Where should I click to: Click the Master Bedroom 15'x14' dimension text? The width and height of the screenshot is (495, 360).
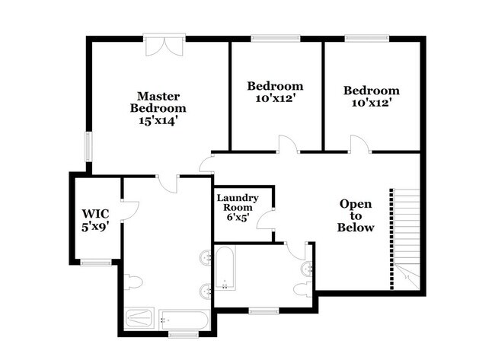tap(157, 121)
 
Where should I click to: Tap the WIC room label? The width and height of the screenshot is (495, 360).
tap(95, 214)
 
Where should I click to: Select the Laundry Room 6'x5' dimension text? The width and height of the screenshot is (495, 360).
tap(238, 217)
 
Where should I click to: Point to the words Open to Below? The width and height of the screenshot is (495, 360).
tap(356, 216)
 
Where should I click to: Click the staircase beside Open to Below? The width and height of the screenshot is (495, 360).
tap(406, 239)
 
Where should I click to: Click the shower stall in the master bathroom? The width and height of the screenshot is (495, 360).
tap(139, 319)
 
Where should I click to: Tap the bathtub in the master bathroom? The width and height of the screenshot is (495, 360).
tap(184, 320)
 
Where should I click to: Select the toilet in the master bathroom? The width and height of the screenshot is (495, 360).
tap(133, 282)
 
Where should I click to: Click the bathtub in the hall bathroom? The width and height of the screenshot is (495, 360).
tap(225, 268)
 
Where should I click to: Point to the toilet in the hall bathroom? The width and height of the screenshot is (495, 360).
tap(303, 289)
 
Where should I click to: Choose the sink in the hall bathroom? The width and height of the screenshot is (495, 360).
tap(307, 269)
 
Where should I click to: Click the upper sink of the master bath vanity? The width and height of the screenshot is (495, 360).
tap(206, 257)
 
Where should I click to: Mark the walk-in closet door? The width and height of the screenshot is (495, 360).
tap(130, 211)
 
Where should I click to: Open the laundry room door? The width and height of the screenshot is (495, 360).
tap(266, 219)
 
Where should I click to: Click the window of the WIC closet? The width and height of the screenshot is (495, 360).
tap(96, 262)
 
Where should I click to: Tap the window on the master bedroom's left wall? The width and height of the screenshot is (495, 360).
tap(88, 147)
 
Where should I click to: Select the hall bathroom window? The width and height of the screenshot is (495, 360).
tap(264, 311)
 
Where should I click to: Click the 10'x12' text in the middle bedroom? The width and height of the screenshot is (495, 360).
tap(275, 98)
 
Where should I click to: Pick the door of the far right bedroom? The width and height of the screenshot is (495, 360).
tap(360, 144)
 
